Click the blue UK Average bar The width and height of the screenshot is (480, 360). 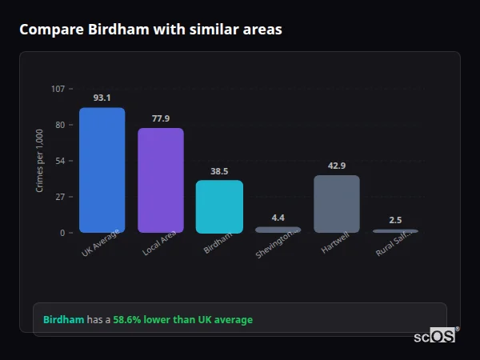tap(102, 170)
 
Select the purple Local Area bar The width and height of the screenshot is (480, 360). tap(160, 181)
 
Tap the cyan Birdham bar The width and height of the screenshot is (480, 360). tap(219, 206)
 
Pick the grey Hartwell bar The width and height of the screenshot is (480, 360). tap(337, 204)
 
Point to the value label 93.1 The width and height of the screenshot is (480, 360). tap(102, 98)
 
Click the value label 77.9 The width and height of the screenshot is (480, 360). tap(160, 118)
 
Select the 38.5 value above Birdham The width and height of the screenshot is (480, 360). tap(219, 170)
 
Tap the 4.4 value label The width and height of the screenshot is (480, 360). tap(278, 217)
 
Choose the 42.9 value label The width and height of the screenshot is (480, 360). tap(337, 166)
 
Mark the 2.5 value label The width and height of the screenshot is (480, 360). tap(395, 219)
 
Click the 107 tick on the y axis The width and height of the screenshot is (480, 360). tap(58, 89)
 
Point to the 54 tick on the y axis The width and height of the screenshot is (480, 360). tap(60, 161)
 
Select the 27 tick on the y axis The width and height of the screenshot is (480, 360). tap(60, 197)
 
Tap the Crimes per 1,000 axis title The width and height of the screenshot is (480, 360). tap(40, 161)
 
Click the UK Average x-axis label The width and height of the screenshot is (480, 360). tap(101, 243)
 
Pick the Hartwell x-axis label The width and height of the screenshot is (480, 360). tap(337, 242)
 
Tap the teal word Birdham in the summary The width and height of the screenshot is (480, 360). tap(63, 320)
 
